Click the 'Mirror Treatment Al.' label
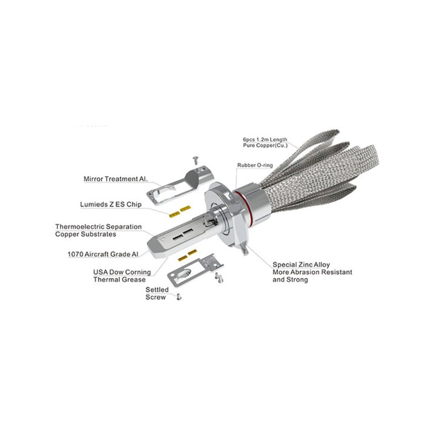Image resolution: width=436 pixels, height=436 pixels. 116,179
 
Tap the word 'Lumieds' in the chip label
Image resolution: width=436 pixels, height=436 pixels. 92,205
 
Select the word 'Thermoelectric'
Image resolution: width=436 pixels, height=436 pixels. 79,226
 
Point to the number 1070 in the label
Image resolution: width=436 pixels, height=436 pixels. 75,254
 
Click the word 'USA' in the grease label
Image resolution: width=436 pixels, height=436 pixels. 101,272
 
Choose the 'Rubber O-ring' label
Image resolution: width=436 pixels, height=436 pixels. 255,165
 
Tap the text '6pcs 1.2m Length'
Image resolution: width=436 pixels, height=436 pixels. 265,140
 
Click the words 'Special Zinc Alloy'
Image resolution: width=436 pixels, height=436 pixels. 301,265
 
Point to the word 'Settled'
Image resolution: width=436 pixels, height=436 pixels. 157,289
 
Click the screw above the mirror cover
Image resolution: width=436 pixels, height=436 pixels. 196,160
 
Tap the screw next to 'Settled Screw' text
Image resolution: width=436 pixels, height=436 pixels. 179,297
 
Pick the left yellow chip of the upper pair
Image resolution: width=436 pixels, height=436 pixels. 174,214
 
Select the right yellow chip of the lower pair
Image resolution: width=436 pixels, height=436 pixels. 193,253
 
